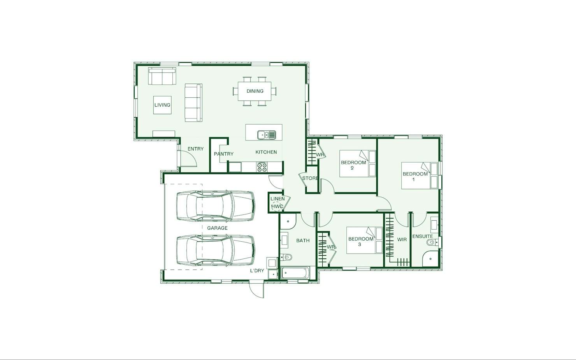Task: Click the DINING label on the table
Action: [255, 91]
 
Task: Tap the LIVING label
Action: [162, 105]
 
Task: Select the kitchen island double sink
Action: [267, 135]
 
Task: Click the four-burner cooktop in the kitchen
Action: [262, 167]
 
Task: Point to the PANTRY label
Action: [223, 154]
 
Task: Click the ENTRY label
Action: [195, 149]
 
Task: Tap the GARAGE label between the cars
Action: [217, 228]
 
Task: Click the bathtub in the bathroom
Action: [295, 273]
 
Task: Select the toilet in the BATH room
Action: [286, 257]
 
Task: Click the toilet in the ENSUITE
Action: [432, 242]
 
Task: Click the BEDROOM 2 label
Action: [353, 165]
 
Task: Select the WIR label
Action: [402, 240]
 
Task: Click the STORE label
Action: [310, 178]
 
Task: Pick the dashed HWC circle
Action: [277, 206]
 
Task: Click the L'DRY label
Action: [257, 270]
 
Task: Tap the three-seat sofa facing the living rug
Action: [193, 103]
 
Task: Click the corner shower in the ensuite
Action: [430, 259]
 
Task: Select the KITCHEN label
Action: [266, 152]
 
